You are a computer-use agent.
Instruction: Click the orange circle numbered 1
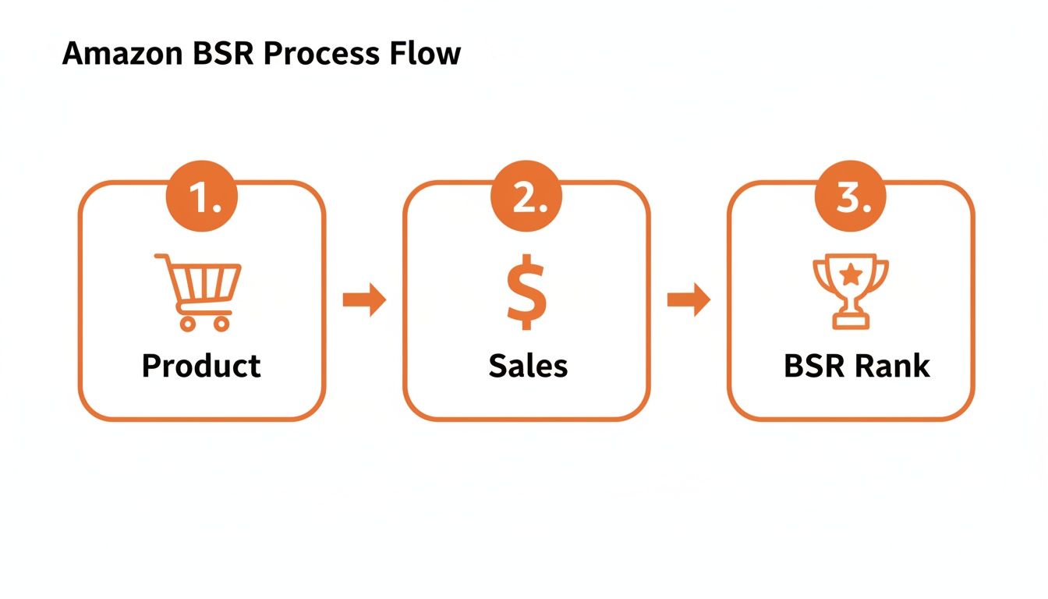coord(202,200)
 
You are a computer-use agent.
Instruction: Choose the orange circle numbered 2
coord(526,200)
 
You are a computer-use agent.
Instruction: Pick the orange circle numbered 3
coord(851,200)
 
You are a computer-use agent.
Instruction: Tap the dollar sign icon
coord(526,291)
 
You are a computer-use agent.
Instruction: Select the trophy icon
coord(851,290)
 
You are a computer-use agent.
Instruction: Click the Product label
coord(201,365)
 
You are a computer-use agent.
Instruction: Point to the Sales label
coord(528,365)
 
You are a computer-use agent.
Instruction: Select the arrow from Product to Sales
coord(364,300)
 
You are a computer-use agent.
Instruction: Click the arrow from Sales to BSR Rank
coord(689,300)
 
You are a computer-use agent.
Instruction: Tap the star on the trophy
coord(851,274)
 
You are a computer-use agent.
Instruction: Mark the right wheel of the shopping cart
coord(221,323)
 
